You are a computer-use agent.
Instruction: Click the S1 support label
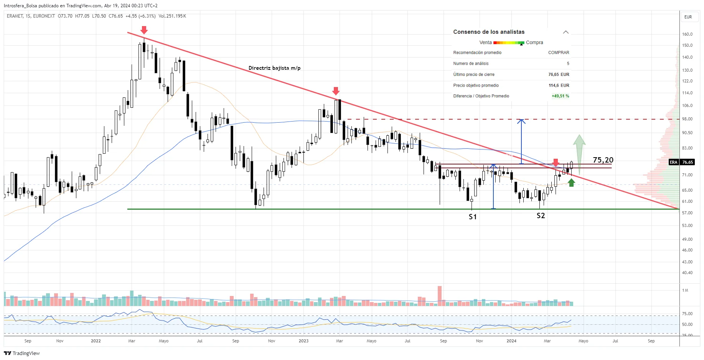(x=473, y=217)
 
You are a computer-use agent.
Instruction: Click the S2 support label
(x=541, y=216)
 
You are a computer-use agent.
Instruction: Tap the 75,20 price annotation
(x=603, y=160)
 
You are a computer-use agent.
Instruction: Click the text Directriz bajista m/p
(x=274, y=68)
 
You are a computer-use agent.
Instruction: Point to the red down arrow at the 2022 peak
(x=144, y=30)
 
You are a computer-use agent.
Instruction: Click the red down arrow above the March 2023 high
(x=336, y=91)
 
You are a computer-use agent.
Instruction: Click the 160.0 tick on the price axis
(x=687, y=34)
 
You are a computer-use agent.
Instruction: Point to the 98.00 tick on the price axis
(x=687, y=119)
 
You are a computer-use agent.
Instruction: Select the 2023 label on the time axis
(x=303, y=341)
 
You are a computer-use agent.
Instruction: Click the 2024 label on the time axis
(x=511, y=341)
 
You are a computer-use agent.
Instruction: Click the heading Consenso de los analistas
(x=488, y=32)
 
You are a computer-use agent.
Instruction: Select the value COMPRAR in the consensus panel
(x=558, y=53)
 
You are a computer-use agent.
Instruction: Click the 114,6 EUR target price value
(x=559, y=85)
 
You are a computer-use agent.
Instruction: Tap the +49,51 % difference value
(x=560, y=96)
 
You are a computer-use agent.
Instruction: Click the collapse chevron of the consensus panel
(x=566, y=32)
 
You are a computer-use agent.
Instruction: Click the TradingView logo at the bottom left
(x=22, y=353)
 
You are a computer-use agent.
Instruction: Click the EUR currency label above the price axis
(x=688, y=17)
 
